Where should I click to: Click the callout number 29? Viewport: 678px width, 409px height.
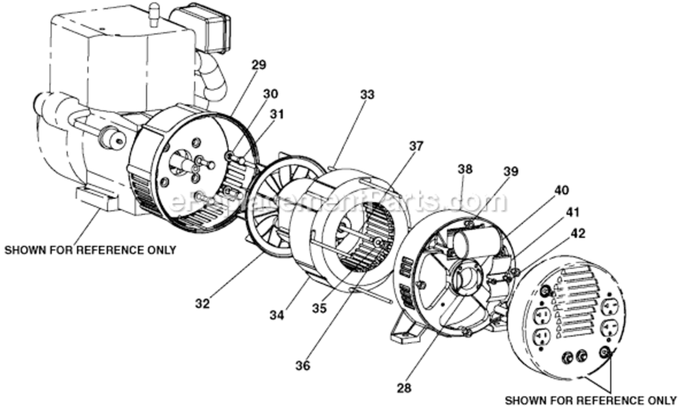(259, 65)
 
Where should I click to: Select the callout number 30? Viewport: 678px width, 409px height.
(270, 93)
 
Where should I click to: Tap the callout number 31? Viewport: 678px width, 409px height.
(277, 114)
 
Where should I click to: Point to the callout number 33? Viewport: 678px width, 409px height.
(367, 94)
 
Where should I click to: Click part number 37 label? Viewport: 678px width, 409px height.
(416, 146)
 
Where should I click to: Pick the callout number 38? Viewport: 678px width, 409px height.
(465, 169)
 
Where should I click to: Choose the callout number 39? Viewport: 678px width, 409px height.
(511, 171)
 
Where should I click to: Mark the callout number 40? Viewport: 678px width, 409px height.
(561, 190)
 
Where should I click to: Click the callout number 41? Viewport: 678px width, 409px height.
(572, 212)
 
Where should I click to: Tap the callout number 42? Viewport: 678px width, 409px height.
(578, 233)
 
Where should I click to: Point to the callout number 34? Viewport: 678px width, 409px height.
(277, 315)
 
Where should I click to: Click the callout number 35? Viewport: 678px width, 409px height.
(319, 308)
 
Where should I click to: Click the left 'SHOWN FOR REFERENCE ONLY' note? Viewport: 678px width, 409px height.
(91, 250)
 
